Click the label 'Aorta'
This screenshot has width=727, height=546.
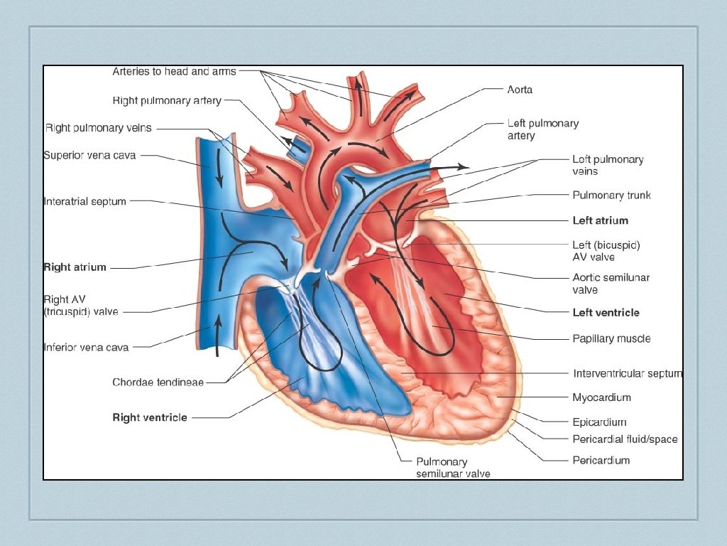(520, 90)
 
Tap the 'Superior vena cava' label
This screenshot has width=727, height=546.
(89, 155)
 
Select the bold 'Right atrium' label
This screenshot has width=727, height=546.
(75, 267)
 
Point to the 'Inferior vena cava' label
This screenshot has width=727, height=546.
(86, 348)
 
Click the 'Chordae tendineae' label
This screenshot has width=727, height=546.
(158, 382)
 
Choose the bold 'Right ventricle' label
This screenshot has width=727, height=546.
(150, 417)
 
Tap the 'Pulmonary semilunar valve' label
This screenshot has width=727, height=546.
(453, 467)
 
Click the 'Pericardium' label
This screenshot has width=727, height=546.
(601, 460)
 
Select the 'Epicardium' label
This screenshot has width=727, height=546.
(599, 422)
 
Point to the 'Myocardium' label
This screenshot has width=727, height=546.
(601, 397)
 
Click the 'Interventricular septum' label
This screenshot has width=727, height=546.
(628, 373)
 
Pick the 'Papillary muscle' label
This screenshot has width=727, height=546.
(611, 338)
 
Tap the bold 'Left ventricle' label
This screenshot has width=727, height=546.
(606, 312)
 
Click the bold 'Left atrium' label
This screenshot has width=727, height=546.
(600, 220)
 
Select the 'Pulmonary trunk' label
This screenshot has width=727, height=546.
(611, 195)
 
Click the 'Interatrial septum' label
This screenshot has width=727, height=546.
(84, 201)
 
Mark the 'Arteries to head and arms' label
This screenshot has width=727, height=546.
(174, 71)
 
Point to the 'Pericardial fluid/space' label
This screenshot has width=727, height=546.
(625, 439)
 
